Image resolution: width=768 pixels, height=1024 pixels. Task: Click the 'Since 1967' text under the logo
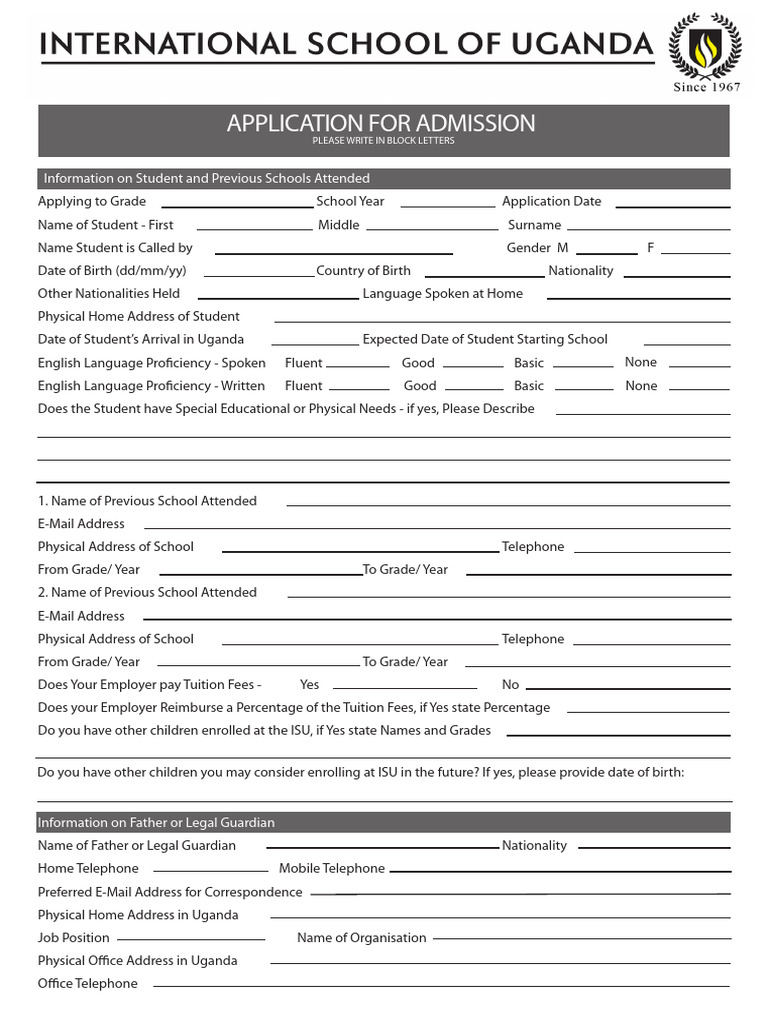[705, 87]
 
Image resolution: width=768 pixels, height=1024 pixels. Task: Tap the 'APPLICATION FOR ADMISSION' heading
[380, 123]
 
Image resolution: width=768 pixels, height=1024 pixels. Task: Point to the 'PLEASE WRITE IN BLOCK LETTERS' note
[383, 141]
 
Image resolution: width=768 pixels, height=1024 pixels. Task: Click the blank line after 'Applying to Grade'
[244, 204]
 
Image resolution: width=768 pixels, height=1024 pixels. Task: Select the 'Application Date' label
[551, 201]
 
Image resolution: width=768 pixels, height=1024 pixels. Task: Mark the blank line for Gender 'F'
[695, 251]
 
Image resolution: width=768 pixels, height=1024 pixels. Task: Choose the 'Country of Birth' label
[363, 270]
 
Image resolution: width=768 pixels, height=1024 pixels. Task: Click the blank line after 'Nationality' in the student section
[676, 274]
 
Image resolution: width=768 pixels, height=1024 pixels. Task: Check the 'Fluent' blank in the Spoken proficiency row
[358, 366]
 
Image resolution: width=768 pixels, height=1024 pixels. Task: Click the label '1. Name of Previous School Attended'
[147, 500]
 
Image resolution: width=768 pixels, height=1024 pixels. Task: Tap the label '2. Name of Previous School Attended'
[147, 592]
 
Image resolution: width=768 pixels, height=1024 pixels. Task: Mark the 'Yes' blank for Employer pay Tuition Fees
[405, 688]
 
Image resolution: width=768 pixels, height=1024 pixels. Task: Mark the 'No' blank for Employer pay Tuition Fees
[627, 688]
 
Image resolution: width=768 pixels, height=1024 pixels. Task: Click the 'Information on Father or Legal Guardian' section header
[156, 822]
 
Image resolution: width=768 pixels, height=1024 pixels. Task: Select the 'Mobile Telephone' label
[331, 868]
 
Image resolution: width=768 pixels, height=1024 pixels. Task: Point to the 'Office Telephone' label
[87, 983]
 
